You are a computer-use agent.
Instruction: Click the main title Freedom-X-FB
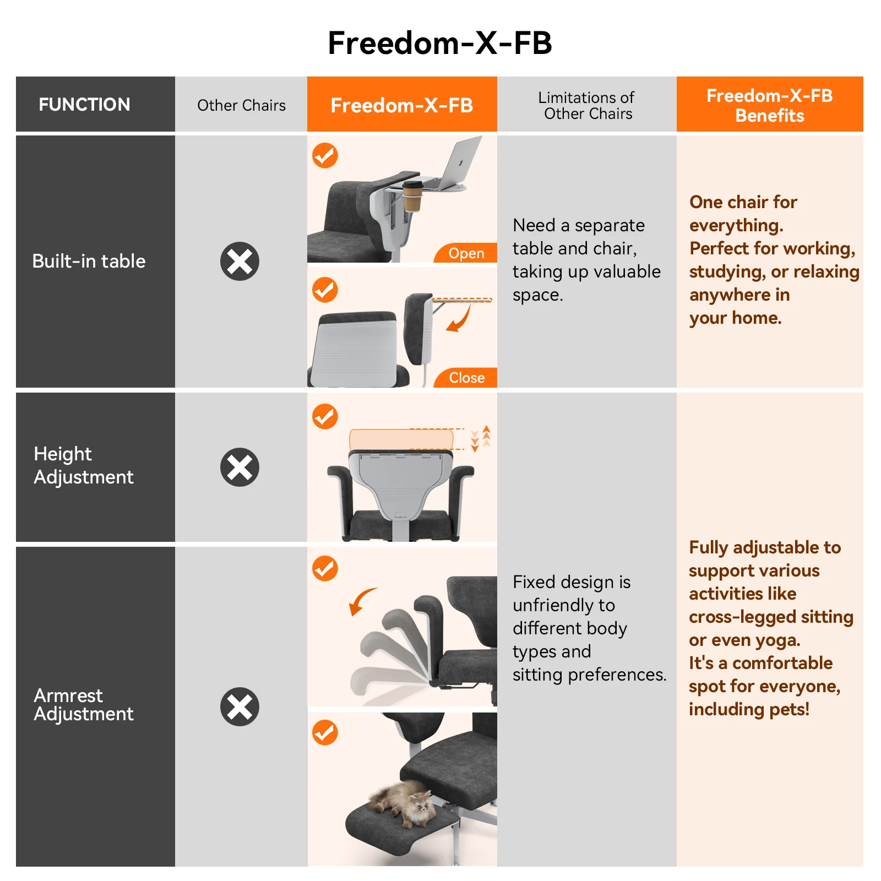coord(440,43)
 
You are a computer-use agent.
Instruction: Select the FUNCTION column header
coord(84,105)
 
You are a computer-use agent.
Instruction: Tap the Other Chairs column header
coord(241,105)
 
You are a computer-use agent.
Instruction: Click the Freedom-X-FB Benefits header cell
coord(770,105)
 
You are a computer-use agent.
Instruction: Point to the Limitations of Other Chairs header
coord(587,105)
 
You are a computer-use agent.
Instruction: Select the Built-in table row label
coord(89,261)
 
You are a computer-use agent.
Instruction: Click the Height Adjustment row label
coord(84,465)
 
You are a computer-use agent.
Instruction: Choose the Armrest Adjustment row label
coord(84,704)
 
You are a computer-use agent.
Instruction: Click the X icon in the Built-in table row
coord(240,261)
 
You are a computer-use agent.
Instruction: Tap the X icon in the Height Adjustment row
coord(240,467)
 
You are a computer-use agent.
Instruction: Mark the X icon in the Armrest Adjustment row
coord(240,706)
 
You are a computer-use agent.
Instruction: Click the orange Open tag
coord(466,253)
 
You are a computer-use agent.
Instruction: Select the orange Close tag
coord(466,378)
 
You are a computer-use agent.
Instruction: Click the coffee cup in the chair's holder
coord(412,197)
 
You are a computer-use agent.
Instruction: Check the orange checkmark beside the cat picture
coord(325,733)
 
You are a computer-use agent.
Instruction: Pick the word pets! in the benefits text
coord(790,710)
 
